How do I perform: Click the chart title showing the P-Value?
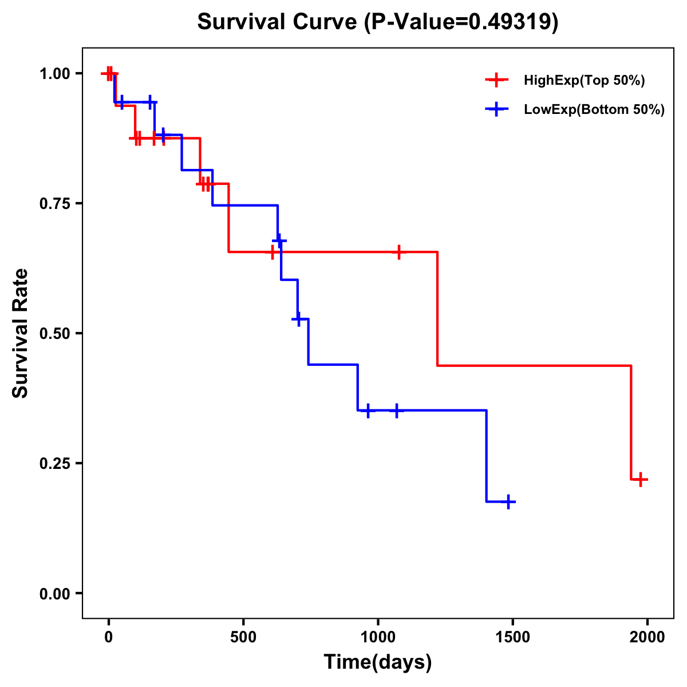click(377, 22)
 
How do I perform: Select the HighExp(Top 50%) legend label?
click(584, 81)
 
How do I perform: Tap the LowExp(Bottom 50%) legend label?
click(594, 110)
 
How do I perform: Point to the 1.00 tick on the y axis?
click(54, 73)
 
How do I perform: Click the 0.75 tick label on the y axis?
click(54, 203)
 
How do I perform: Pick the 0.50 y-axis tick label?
click(54, 333)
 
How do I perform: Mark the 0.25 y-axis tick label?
click(54, 463)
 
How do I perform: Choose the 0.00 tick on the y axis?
click(54, 593)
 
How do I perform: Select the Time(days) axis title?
click(377, 662)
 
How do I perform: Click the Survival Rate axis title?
click(21, 333)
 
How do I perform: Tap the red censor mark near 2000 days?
click(641, 479)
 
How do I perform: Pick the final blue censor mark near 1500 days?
click(507, 502)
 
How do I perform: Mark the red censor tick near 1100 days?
click(398, 252)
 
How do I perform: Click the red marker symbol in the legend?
click(496, 80)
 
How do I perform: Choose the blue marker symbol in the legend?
click(496, 109)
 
